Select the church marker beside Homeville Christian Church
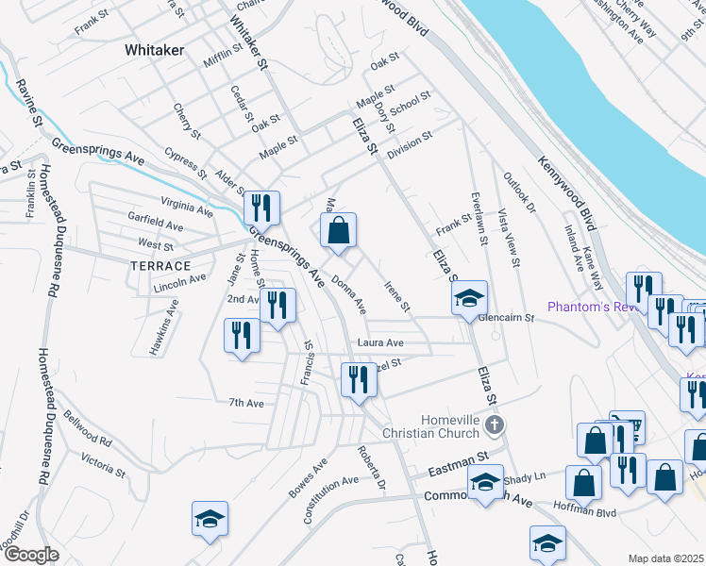point(493,426)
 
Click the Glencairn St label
point(506,319)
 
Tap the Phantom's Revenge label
point(585,308)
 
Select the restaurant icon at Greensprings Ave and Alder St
point(261,208)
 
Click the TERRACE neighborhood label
point(161,267)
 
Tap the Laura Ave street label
point(379,342)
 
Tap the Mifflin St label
point(223,56)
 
